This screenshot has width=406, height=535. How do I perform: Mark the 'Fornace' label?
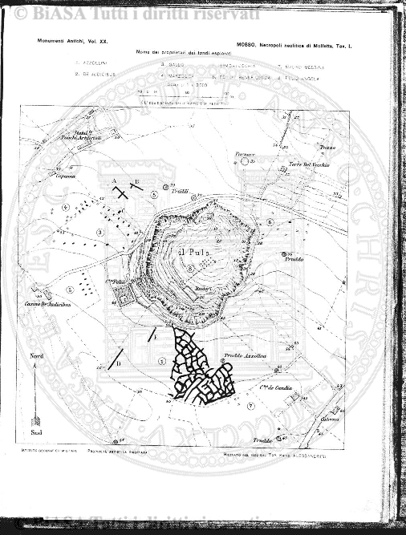click(x=243, y=152)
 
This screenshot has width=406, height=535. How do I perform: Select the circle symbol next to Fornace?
click(x=244, y=161)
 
